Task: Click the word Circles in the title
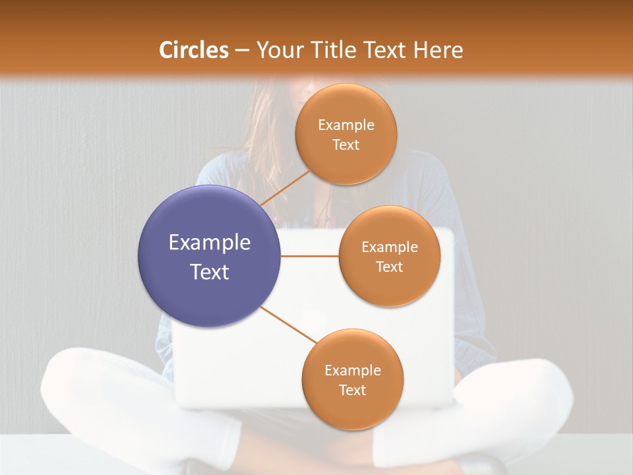click(x=193, y=50)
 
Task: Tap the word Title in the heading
click(x=332, y=50)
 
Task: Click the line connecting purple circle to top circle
click(x=285, y=188)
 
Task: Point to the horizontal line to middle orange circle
click(x=309, y=256)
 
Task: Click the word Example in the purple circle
click(x=209, y=243)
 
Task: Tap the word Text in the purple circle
click(x=209, y=272)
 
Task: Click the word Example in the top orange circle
click(x=346, y=125)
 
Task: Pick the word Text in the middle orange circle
click(x=390, y=267)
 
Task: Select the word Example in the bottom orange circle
click(x=352, y=370)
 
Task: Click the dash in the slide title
click(x=242, y=50)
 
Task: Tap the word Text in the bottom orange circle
click(x=352, y=390)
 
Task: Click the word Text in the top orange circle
click(x=346, y=144)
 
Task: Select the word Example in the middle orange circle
click(x=390, y=247)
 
